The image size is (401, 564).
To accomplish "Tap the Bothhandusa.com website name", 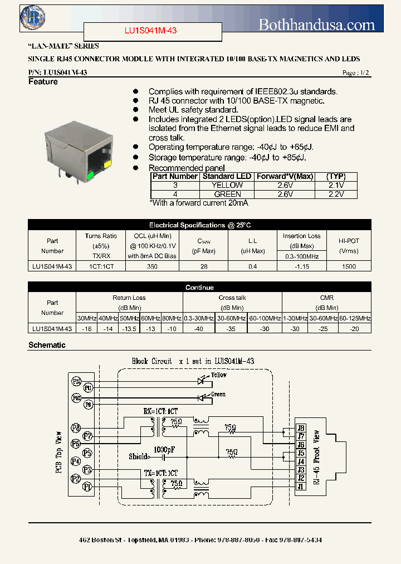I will tap(317, 25).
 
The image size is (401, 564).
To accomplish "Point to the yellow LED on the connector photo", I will tap(106, 164).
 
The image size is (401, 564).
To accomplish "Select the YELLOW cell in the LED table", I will tap(228, 185).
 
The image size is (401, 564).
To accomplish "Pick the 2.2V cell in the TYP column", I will tap(336, 194).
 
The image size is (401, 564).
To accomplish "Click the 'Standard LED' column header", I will tap(226, 176).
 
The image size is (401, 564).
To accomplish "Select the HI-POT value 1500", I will tap(349, 267).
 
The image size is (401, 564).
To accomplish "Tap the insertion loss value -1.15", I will tap(301, 267).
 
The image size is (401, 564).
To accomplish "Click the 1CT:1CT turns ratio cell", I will tap(101, 267).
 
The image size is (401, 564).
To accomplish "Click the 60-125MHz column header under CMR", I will tap(355, 318).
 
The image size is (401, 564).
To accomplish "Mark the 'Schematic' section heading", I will tap(47, 345).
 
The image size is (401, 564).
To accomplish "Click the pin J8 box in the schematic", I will tap(301, 428).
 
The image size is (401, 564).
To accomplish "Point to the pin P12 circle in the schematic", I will tap(76, 382).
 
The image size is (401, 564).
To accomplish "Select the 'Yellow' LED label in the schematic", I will tap(219, 375).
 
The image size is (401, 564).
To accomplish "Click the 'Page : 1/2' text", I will tap(355, 73).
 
